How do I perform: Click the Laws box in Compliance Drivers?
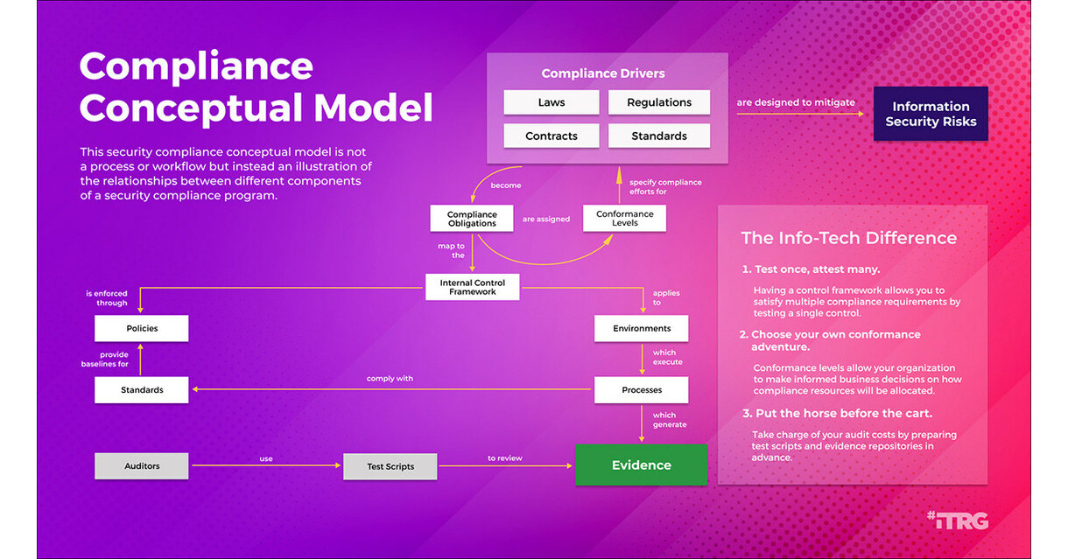[552, 102]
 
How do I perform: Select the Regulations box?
[658, 102]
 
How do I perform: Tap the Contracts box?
[552, 136]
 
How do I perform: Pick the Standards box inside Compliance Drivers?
[658, 136]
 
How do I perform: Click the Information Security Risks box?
[931, 114]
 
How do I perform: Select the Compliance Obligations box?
[472, 219]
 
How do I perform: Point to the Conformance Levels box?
[624, 219]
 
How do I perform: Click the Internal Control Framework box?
[472, 287]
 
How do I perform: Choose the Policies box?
[141, 328]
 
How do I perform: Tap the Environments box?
[641, 328]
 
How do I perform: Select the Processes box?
[641, 389]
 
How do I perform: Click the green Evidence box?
[641, 465]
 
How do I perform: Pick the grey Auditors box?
[141, 466]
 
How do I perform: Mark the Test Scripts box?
[390, 466]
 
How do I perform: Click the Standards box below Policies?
[141, 389]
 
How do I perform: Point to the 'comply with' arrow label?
[390, 379]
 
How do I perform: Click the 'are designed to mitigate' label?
[795, 102]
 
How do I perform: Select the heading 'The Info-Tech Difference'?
[848, 238]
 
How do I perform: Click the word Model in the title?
[373, 108]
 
